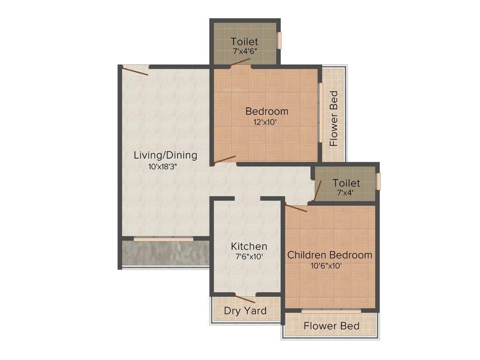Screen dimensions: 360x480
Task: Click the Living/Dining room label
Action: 165,155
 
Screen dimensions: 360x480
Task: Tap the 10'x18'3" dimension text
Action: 165,166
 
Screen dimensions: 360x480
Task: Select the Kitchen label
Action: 249,246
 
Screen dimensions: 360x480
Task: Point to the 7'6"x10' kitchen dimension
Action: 249,256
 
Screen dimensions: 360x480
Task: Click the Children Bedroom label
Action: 330,255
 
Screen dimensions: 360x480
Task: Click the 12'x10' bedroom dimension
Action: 267,122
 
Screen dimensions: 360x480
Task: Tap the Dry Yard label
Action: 245,311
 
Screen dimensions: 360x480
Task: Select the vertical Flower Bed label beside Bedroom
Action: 333,119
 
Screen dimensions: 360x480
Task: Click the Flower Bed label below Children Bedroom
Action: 331,326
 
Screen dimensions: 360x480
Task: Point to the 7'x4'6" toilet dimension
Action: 245,51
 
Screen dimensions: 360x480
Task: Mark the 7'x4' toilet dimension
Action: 346,192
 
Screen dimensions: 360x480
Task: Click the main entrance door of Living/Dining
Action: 135,70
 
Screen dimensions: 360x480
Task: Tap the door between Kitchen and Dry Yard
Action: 245,299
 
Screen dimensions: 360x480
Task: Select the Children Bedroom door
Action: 296,208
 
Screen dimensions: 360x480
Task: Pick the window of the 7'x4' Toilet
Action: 378,181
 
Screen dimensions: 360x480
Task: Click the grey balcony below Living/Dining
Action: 165,253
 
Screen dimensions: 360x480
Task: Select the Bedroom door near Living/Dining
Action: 225,160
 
